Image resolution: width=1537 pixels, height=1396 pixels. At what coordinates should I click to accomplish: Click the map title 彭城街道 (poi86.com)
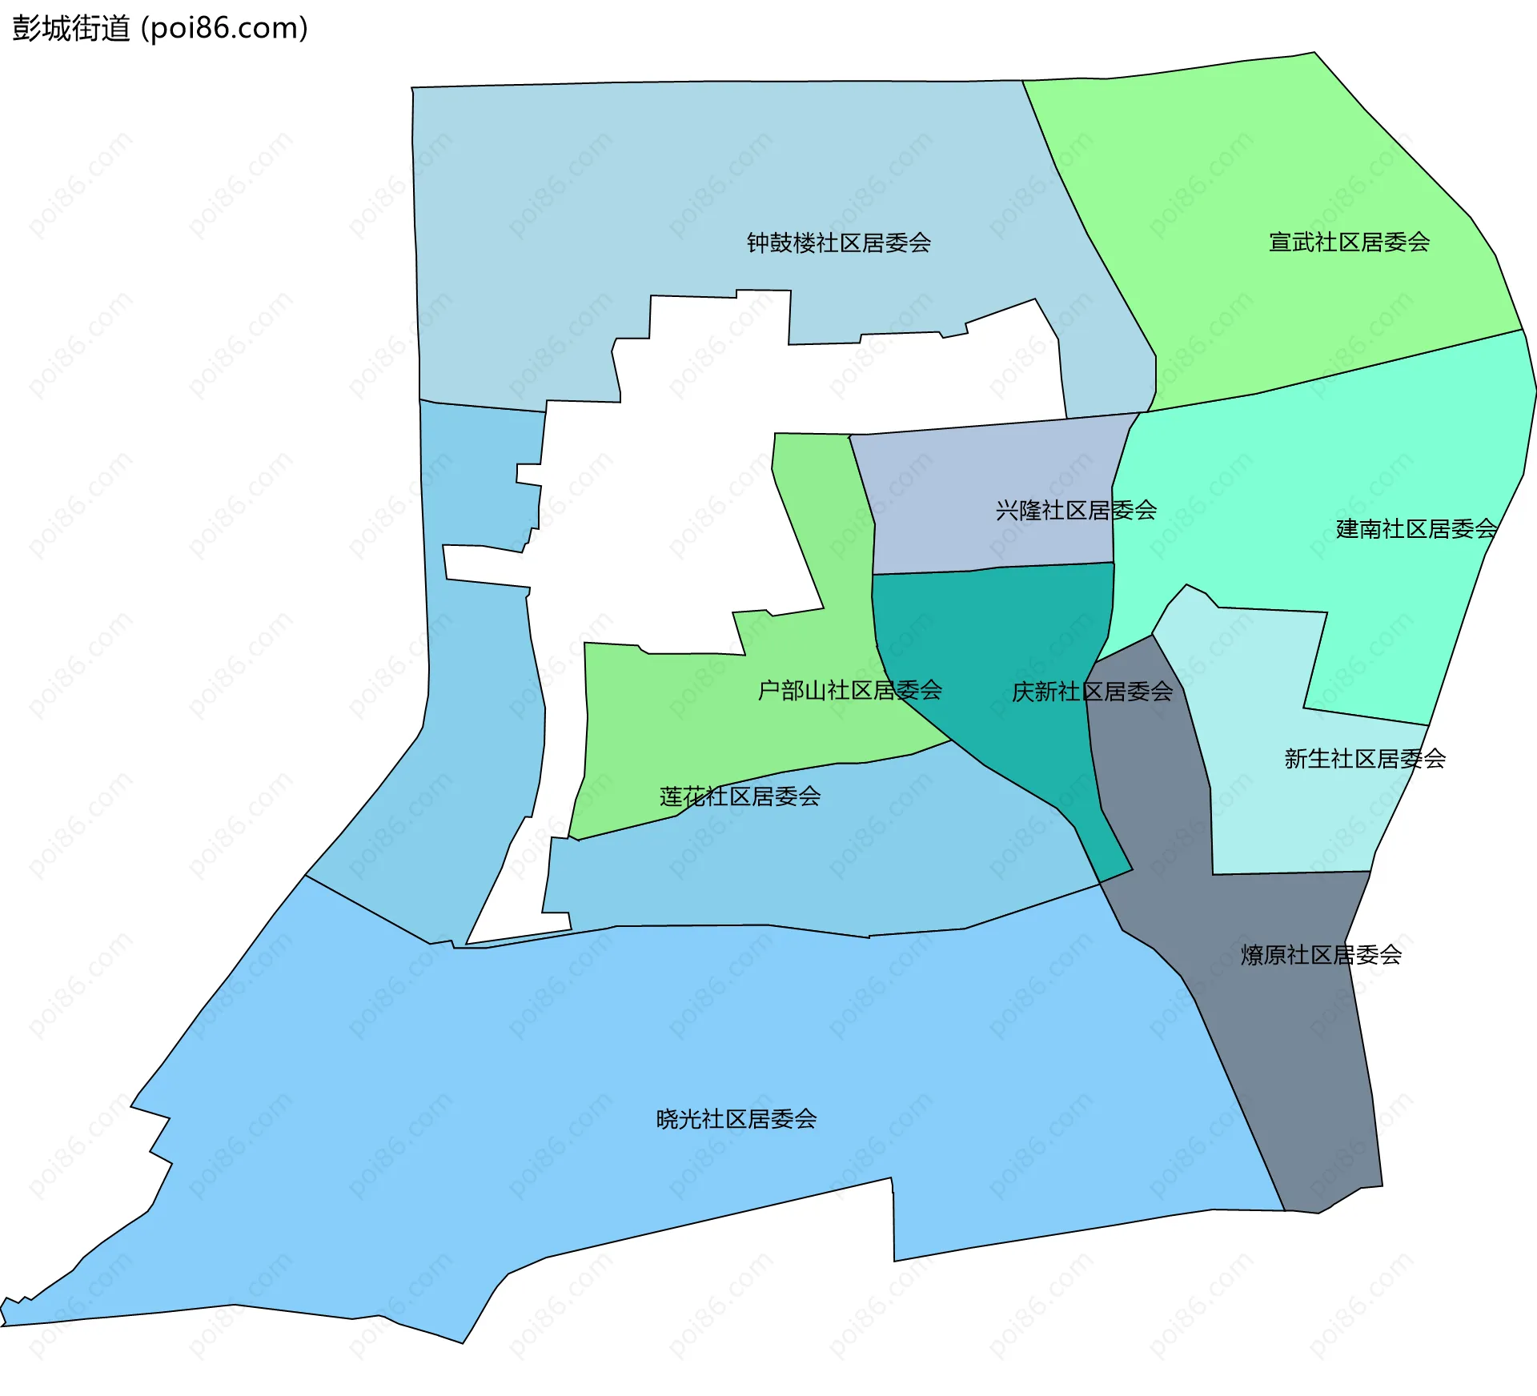click(x=160, y=29)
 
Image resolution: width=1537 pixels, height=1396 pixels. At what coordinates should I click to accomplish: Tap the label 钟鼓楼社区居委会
click(x=838, y=243)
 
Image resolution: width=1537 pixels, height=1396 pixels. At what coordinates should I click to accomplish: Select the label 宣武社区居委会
click(x=1349, y=242)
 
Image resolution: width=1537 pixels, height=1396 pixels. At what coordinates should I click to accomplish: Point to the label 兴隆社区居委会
click(x=1076, y=510)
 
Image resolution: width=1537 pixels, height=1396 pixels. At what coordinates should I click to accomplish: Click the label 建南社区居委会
click(x=1416, y=528)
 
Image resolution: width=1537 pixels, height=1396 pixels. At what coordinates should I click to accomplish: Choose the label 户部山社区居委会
click(x=849, y=690)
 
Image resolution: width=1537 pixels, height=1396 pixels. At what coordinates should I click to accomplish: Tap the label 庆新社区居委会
click(x=1092, y=692)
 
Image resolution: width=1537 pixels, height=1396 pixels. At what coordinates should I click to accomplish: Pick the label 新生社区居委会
click(x=1365, y=758)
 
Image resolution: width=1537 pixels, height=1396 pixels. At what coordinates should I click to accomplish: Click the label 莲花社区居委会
click(x=740, y=796)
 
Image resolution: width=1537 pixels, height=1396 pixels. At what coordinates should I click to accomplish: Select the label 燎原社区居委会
click(x=1321, y=954)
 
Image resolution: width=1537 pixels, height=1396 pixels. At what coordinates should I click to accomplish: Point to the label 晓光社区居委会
click(x=736, y=1118)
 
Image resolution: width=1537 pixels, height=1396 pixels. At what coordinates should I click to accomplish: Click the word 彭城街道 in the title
click(x=70, y=29)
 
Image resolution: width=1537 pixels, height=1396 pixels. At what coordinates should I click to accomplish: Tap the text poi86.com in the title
click(x=224, y=29)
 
